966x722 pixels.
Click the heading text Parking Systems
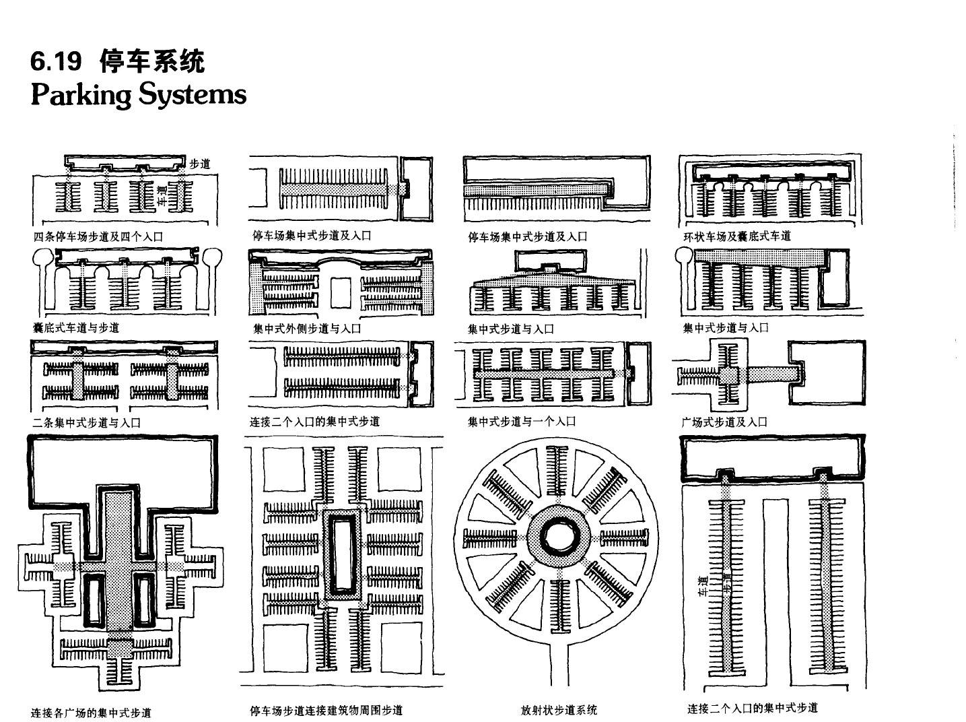(139, 94)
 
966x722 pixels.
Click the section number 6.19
(56, 62)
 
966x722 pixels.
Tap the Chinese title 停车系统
(151, 62)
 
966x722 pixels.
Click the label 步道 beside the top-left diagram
(199, 164)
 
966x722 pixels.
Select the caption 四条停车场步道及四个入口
(98, 236)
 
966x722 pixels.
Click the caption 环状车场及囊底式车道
(736, 236)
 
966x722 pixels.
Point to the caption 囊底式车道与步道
(76, 328)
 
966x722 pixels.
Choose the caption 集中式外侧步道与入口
(307, 329)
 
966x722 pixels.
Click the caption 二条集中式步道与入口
(87, 423)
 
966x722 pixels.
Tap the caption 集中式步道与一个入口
(522, 422)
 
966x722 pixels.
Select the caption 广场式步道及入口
(724, 422)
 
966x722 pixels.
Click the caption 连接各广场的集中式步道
(92, 713)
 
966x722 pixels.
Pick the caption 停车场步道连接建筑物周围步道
(326, 711)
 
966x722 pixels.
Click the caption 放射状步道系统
(559, 710)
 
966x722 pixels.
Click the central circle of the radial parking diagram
(559, 537)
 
